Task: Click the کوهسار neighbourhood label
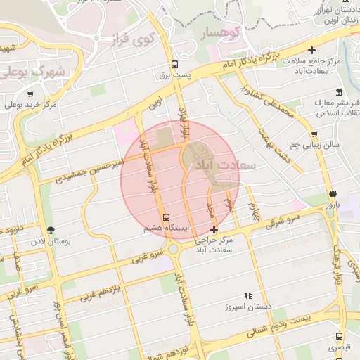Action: pyautogui.click(x=218, y=32)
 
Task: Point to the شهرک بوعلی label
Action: pyautogui.click(x=34, y=72)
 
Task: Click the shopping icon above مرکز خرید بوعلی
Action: pyautogui.click(x=30, y=94)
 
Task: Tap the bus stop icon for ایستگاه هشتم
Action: pyautogui.click(x=166, y=217)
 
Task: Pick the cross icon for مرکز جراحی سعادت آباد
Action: pyautogui.click(x=214, y=229)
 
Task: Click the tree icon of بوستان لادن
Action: pyautogui.click(x=50, y=229)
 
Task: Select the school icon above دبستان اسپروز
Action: pyautogui.click(x=247, y=296)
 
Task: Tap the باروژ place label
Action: pyautogui.click(x=333, y=205)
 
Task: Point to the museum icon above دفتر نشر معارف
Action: pyautogui.click(x=340, y=92)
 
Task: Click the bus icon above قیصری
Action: pyautogui.click(x=340, y=337)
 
